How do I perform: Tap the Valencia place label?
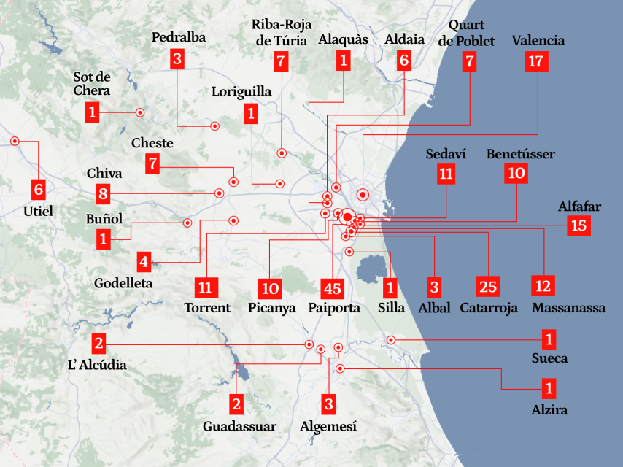[x=538, y=40]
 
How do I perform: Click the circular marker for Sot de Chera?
[x=139, y=112]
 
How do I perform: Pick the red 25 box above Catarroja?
[x=487, y=286]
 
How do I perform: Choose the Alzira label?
[x=549, y=410]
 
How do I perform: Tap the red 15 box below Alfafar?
[x=579, y=225]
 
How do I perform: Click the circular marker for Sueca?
[x=391, y=340]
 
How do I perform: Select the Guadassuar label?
[x=240, y=426]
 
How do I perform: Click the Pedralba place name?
[x=179, y=36]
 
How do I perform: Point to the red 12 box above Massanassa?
[x=543, y=286]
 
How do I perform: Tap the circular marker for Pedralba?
[x=215, y=126]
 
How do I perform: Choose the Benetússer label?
[x=520, y=154]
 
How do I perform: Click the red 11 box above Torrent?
[x=207, y=287]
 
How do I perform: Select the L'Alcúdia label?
[x=97, y=364]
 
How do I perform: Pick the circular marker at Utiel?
[x=14, y=141]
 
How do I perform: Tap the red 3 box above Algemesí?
[x=329, y=403]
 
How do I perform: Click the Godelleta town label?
[x=123, y=283]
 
